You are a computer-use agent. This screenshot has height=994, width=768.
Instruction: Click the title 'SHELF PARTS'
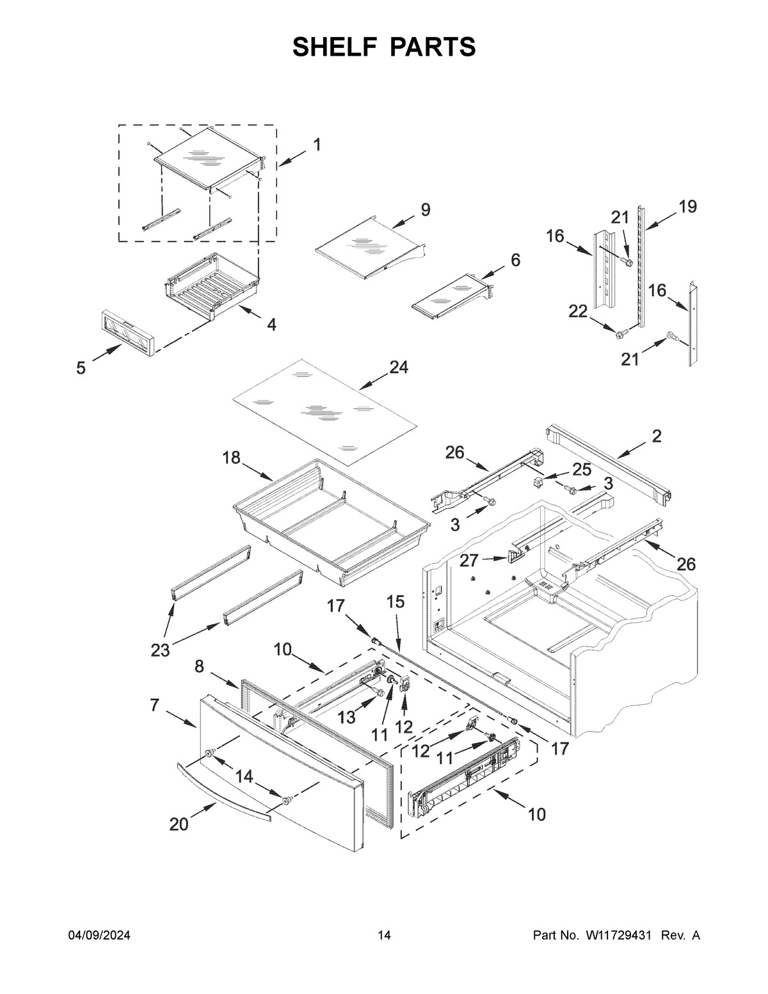point(384,47)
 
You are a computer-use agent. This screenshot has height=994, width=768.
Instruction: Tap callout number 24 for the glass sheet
point(398,367)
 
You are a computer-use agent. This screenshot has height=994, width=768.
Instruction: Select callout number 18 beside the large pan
point(232,458)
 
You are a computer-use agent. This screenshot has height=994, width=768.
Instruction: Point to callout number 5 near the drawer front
point(81,369)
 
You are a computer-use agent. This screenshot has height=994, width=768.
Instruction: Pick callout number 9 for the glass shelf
point(426,210)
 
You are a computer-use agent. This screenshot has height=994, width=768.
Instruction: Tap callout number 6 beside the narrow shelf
point(515,260)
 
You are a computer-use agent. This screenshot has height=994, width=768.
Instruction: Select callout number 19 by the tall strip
point(687,207)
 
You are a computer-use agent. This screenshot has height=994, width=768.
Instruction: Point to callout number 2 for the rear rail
point(657,437)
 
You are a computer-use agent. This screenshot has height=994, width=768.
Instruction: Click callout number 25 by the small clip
point(582,470)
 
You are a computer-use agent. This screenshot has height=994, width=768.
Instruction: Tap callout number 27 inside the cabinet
point(468,561)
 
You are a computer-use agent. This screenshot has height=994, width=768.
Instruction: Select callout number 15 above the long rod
point(396,602)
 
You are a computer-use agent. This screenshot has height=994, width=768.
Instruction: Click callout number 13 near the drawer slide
point(346,717)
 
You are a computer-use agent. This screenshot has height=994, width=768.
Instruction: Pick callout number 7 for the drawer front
point(154,705)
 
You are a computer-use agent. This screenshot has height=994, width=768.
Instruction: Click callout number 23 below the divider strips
point(160,650)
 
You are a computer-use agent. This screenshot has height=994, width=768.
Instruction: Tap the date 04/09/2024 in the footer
point(99,936)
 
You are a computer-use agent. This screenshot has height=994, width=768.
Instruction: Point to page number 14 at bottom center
point(384,936)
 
